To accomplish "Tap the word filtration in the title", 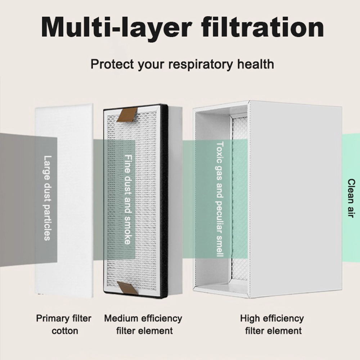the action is tap(263, 27).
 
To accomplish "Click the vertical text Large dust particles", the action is tap(47, 198).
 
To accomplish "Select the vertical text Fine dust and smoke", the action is tap(128, 199).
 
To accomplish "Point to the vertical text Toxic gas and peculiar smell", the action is tap(220, 199).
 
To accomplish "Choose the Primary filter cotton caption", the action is tap(64, 325).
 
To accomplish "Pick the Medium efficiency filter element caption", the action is tap(143, 325).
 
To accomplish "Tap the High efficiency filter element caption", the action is tap(272, 325).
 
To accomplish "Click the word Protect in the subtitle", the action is tap(112, 64).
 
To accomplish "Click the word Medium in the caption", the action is tap(121, 319).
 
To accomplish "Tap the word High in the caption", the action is tap(250, 319).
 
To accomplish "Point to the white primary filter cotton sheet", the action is tap(64, 201).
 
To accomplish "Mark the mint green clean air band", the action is tap(351, 198).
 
